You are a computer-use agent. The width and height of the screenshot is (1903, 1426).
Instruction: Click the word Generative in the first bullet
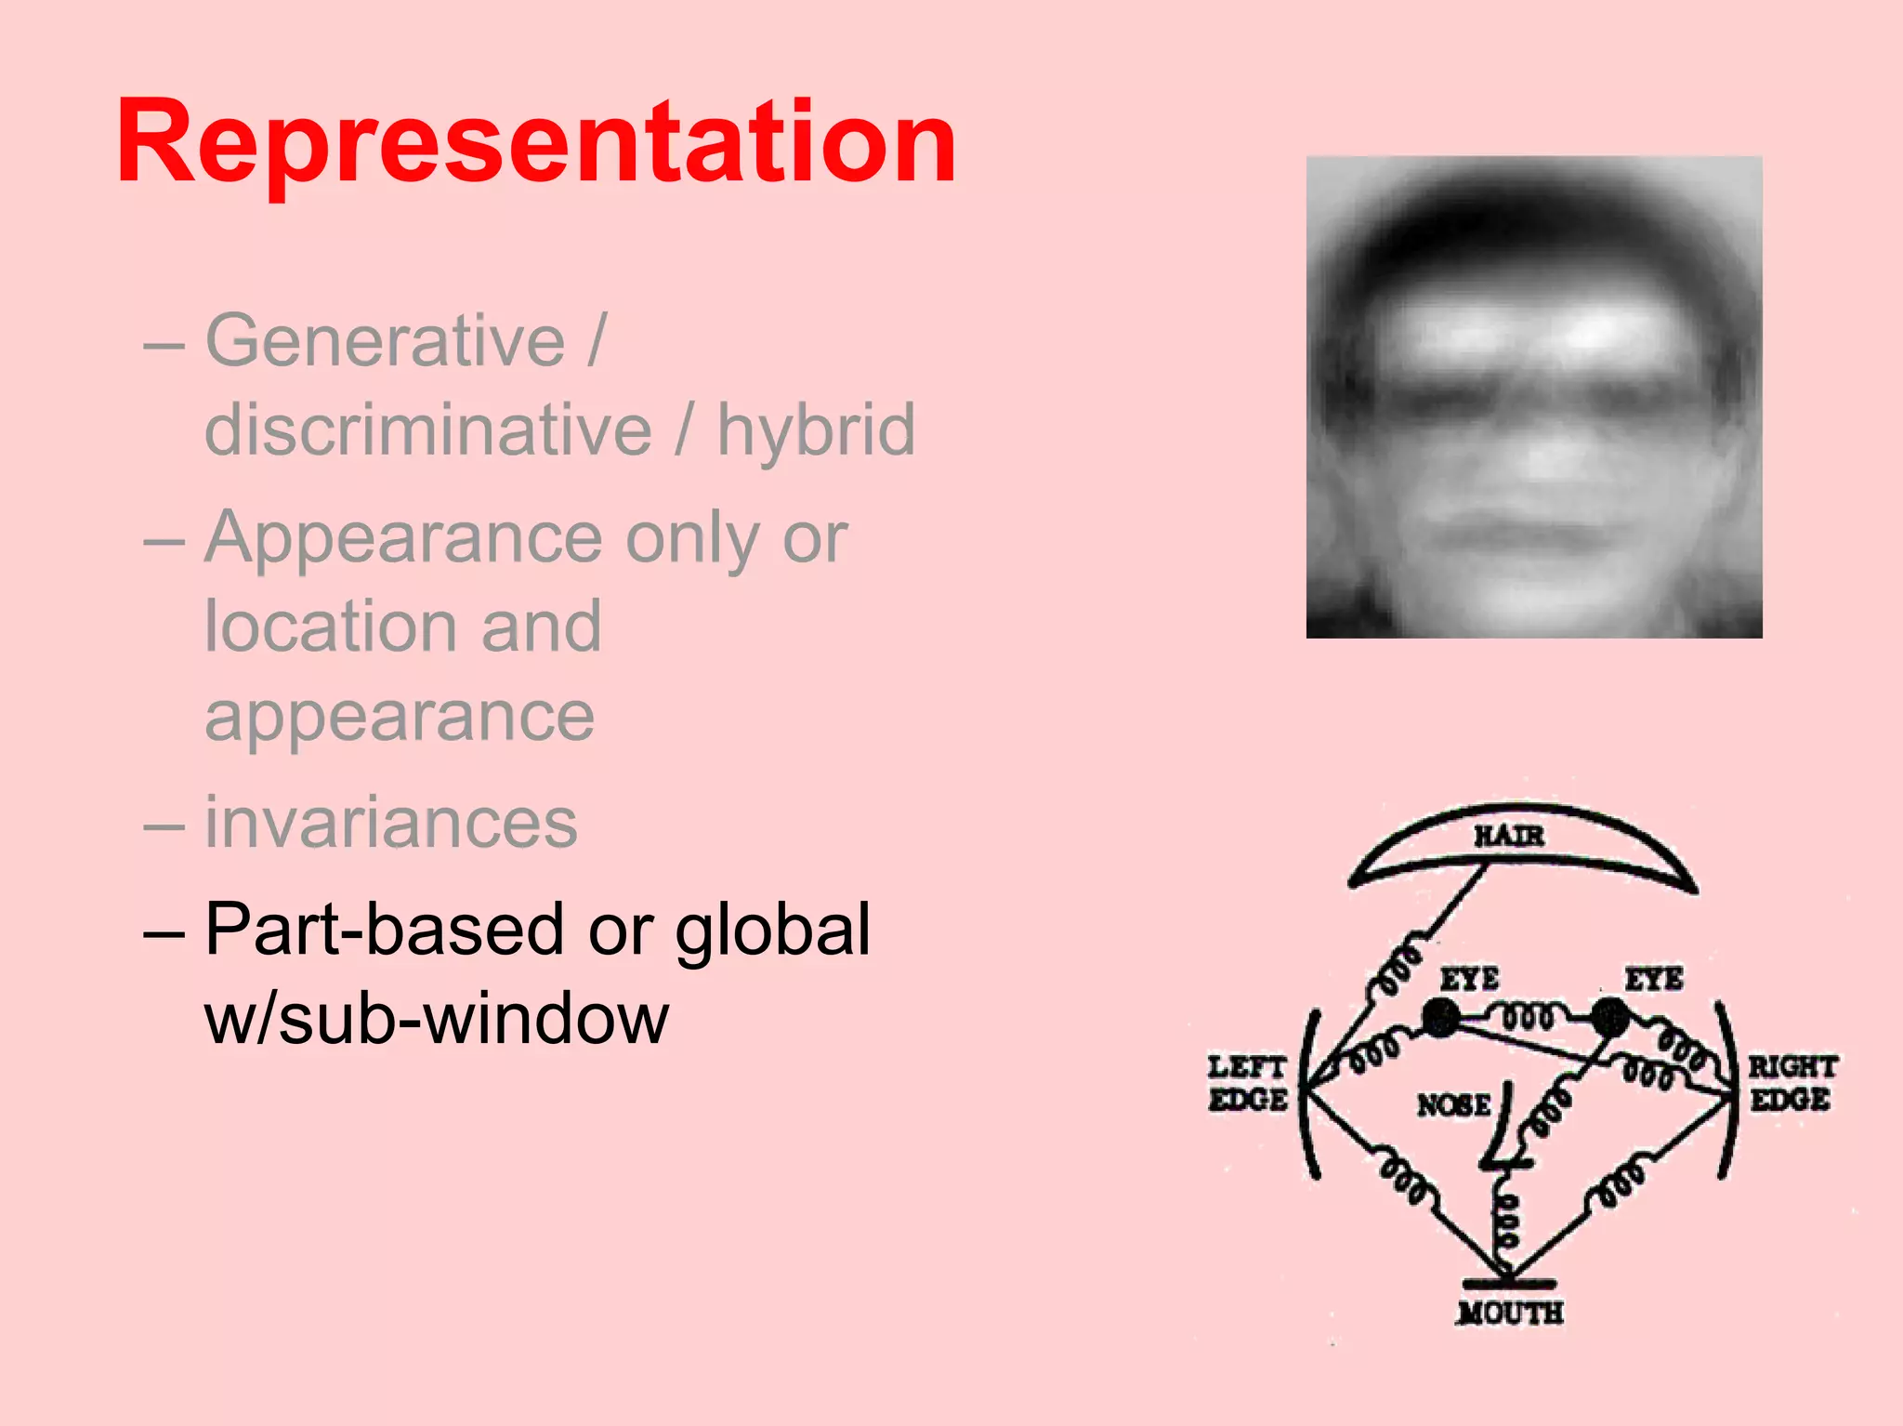[x=385, y=341]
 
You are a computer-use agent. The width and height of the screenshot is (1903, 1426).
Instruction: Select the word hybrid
[x=816, y=429]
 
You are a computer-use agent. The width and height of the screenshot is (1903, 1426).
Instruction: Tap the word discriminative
[x=428, y=429]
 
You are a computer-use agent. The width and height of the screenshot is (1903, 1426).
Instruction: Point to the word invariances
[x=391, y=823]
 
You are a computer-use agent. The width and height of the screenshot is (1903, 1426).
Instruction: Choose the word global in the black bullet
[x=773, y=929]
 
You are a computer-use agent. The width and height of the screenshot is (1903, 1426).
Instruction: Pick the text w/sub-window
[x=437, y=1018]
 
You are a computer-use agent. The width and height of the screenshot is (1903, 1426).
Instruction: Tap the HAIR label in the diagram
[x=1509, y=836]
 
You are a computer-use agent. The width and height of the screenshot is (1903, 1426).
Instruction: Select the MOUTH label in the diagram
[x=1511, y=1313]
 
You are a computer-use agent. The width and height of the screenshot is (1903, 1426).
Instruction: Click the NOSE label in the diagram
[x=1453, y=1104]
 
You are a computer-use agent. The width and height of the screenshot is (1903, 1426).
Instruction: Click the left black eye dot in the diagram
[x=1441, y=1018]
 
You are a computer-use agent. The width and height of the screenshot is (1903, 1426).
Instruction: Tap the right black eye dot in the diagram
[x=1609, y=1017]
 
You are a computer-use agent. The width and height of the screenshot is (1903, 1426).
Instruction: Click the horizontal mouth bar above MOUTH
[x=1509, y=1284]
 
